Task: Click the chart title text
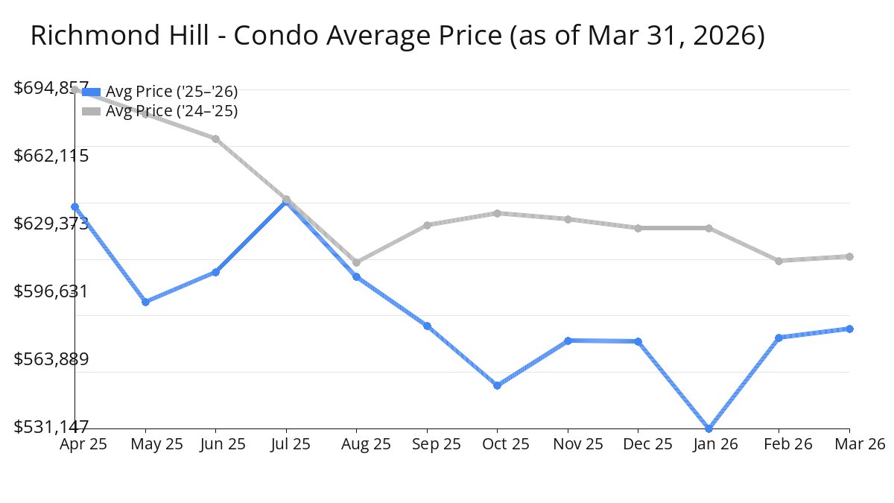coord(397,36)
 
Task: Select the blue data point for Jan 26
coord(708,428)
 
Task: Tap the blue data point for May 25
coord(146,302)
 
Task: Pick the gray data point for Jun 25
coord(216,139)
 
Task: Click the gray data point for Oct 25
coord(497,213)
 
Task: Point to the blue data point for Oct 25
coord(497,385)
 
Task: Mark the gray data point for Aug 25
coord(357,262)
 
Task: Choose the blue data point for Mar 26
coord(849,329)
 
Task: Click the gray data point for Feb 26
coord(779,261)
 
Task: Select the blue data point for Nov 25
coord(568,341)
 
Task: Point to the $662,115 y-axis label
coord(51,156)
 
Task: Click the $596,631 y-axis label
coord(51,291)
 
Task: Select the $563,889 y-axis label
coord(51,359)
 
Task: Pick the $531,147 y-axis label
coord(51,427)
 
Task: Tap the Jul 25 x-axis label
coord(286,444)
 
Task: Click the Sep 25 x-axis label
coord(427,444)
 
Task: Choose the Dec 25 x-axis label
coord(638,444)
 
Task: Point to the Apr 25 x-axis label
coord(83,444)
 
